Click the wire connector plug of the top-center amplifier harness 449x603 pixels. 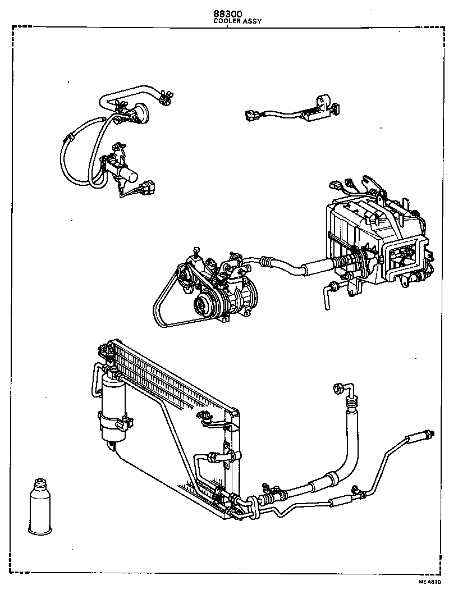click(x=251, y=117)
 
